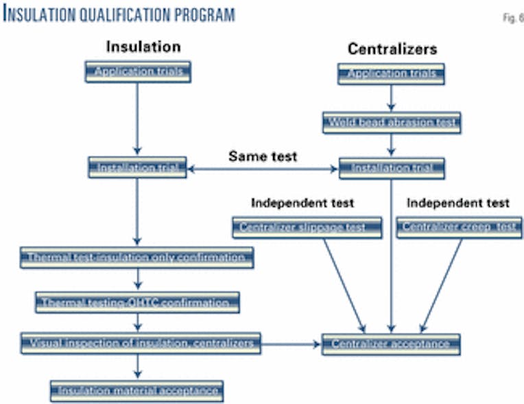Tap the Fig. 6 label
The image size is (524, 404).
[512, 18]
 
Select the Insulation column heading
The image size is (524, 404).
[143, 47]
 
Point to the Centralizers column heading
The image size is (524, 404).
[392, 49]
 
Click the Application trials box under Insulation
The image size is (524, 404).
[137, 71]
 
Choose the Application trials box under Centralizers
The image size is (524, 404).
[392, 73]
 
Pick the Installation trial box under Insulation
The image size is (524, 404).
[137, 167]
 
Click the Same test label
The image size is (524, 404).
[263, 156]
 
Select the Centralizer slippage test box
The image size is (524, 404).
[307, 227]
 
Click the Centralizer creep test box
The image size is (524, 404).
[459, 227]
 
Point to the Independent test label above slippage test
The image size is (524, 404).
[302, 203]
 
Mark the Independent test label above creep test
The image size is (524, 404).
[458, 203]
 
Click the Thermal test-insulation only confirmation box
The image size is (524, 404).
[137, 257]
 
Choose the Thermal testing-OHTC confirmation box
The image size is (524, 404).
[137, 302]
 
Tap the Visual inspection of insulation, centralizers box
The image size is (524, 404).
[140, 343]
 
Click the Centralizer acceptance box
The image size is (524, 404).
[391, 344]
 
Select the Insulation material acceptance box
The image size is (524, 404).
[137, 391]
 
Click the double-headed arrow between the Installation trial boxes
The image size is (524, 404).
[263, 168]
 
